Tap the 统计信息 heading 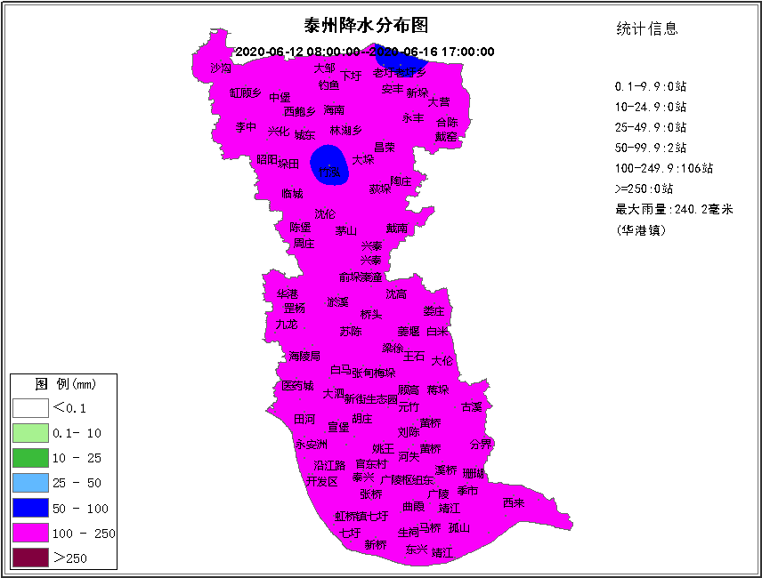pyautogui.click(x=647, y=28)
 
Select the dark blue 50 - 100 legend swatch pyautogui.click(x=29, y=509)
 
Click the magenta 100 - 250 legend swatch pyautogui.click(x=29, y=534)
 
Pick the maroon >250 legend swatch pyautogui.click(x=29, y=558)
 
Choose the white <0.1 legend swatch pyautogui.click(x=29, y=408)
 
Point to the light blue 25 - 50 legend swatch pyautogui.click(x=29, y=483)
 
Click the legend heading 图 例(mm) pyautogui.click(x=65, y=385)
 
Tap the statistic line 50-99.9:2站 pyautogui.click(x=651, y=148)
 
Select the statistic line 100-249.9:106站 pyautogui.click(x=663, y=168)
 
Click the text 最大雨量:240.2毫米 pyautogui.click(x=674, y=210)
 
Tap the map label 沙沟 pyautogui.click(x=221, y=68)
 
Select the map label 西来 pyautogui.click(x=514, y=502)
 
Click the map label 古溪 pyautogui.click(x=472, y=407)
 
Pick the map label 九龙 pyautogui.click(x=287, y=325)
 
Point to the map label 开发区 pyautogui.click(x=322, y=481)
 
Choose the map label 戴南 pyautogui.click(x=397, y=229)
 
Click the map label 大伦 pyautogui.click(x=442, y=360)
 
